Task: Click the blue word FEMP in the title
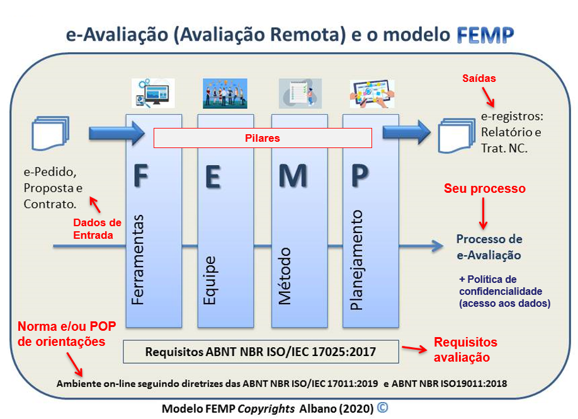485,35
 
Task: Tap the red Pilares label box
263,138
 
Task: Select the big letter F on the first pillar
141,176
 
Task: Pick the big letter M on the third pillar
293,176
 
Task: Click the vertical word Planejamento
356,260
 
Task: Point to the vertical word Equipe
210,280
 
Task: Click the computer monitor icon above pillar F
153,93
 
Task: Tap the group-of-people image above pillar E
225,93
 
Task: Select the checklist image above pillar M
300,93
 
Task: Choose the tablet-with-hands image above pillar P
372,94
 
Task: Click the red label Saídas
479,78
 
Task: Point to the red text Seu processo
484,188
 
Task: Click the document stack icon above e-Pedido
50,133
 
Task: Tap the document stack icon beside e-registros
456,135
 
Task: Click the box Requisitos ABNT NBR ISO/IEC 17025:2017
261,352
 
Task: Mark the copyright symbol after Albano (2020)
383,407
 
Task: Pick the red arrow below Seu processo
484,214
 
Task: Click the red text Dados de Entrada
97,229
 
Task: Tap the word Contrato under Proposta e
50,204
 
